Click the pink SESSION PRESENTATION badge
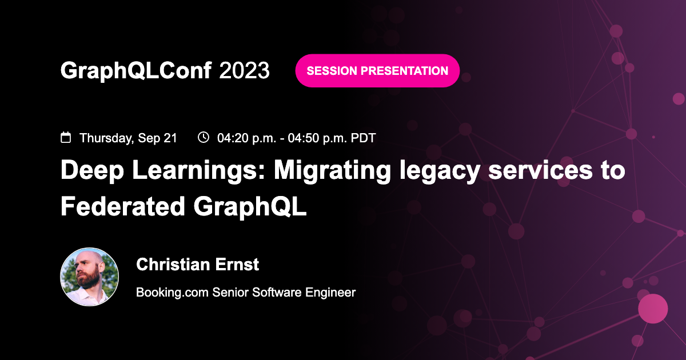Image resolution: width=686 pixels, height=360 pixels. [x=377, y=71]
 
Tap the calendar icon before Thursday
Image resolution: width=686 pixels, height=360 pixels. [x=66, y=138]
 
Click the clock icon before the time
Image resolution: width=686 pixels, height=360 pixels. [x=204, y=137]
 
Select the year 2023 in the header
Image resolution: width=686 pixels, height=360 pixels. [x=244, y=70]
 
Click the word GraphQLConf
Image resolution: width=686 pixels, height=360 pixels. [x=136, y=71]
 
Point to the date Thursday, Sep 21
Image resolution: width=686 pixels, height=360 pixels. [x=128, y=138]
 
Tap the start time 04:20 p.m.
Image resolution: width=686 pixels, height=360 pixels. [x=247, y=138]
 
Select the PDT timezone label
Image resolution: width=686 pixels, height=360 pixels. [x=363, y=138]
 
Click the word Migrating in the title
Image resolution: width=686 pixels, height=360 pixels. [x=332, y=171]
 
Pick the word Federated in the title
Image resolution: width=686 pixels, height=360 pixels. [x=122, y=206]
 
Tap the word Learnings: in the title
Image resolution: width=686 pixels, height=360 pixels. [x=198, y=171]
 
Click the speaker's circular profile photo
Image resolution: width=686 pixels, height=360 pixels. [x=89, y=277]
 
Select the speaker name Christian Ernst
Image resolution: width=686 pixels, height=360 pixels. [x=198, y=264]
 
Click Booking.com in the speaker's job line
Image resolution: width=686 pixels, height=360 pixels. [x=172, y=293]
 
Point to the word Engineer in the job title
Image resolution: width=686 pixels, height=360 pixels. [x=330, y=293]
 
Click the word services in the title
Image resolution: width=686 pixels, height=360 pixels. [x=540, y=170]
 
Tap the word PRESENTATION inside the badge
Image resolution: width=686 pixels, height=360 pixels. [x=404, y=71]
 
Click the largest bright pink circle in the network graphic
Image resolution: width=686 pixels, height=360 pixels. [x=653, y=309]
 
